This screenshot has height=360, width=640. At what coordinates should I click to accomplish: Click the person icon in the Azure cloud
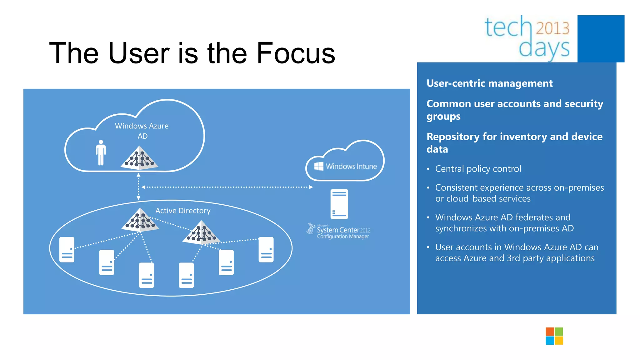click(x=101, y=152)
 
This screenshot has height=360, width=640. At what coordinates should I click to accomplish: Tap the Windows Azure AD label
click(x=142, y=131)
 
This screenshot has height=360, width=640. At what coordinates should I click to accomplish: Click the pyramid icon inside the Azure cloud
click(x=139, y=158)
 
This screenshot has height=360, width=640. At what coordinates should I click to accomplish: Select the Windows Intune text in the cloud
click(x=351, y=166)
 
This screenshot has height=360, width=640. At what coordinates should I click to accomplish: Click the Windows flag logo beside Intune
click(x=318, y=166)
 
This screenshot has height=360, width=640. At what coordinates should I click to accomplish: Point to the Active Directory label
click(x=183, y=211)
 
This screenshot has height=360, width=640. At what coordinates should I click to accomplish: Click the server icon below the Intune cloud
click(x=339, y=204)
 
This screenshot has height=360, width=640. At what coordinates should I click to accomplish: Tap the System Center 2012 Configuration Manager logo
click(x=339, y=232)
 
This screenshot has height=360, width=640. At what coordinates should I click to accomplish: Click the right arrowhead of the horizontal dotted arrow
click(x=311, y=187)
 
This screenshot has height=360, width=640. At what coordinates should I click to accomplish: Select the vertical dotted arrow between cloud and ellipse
click(x=138, y=187)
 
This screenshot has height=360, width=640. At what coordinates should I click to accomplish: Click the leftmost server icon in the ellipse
click(x=67, y=249)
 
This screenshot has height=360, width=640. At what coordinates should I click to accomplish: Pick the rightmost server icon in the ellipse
click(x=266, y=249)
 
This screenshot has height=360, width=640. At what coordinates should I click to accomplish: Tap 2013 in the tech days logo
click(x=553, y=28)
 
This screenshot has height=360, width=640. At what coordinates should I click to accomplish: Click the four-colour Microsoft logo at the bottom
click(x=554, y=336)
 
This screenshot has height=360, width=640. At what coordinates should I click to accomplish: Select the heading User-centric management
click(x=489, y=83)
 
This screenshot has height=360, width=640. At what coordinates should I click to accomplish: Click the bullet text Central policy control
click(x=478, y=169)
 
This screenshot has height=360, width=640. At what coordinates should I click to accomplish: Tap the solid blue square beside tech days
click(x=601, y=39)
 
